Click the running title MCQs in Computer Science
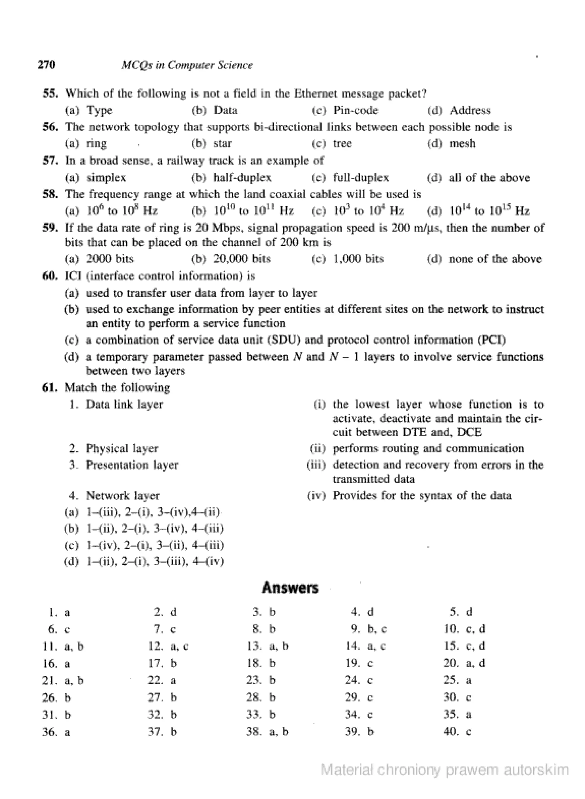(x=187, y=65)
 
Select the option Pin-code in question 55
(x=355, y=110)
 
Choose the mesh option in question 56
(x=462, y=144)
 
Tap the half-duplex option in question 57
(x=242, y=177)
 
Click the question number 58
(x=50, y=194)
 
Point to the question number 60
(x=50, y=276)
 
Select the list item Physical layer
(x=121, y=448)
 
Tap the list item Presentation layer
(x=132, y=465)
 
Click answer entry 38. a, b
(x=268, y=731)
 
